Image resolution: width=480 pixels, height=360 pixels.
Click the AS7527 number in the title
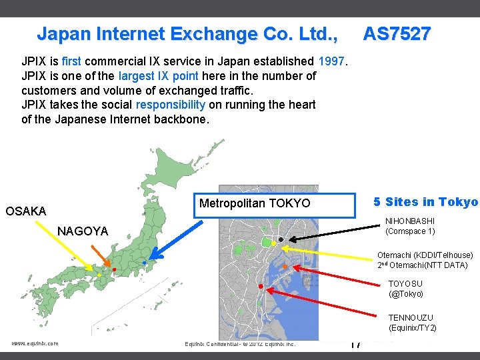pos(397,33)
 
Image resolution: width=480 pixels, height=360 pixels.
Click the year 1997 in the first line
pos(331,62)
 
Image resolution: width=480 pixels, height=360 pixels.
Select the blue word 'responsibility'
pos(170,105)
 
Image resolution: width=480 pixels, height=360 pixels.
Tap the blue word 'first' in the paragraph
pos(71,62)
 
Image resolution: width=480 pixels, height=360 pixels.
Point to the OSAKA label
pos(26,211)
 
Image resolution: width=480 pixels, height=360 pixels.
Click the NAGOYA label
pos(83,231)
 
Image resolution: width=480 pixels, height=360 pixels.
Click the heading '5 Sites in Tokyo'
pos(425,202)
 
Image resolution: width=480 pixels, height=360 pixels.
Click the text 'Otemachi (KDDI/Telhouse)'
pos(425,255)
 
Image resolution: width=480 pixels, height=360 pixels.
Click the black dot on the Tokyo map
pos(281,239)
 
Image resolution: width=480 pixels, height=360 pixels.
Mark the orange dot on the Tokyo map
pos(284,267)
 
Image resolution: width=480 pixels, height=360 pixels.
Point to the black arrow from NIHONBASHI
pos(333,235)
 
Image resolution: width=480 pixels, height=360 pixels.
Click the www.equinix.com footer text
pos(35,343)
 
